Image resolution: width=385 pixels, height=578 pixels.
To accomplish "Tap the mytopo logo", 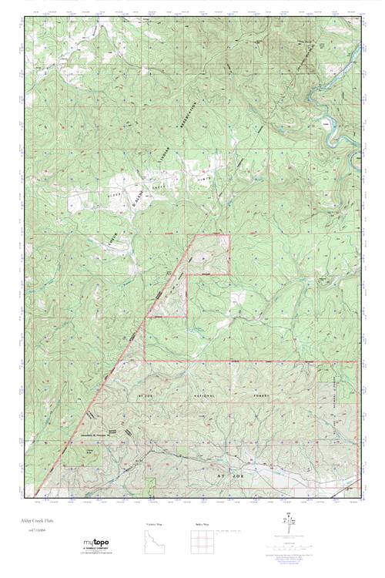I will point(97,546).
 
